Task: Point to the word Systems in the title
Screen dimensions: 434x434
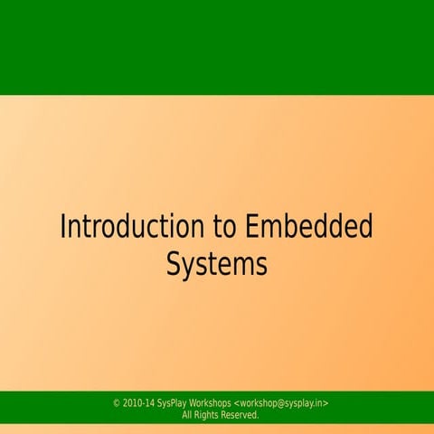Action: point(217,265)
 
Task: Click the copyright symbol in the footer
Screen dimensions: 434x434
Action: point(117,403)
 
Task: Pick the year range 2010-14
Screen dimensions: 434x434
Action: point(138,403)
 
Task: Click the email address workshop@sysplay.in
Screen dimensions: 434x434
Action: point(280,403)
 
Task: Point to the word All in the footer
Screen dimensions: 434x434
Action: point(188,415)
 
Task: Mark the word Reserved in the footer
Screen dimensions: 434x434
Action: point(241,415)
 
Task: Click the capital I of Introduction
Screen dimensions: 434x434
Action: point(63,227)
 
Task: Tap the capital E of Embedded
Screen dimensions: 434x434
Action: point(254,227)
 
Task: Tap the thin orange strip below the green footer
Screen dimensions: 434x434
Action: point(217,429)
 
